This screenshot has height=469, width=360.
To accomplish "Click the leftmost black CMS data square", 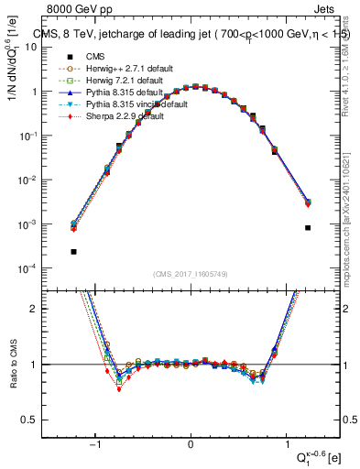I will click(73, 251).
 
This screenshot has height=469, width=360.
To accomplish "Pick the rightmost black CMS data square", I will click(308, 228).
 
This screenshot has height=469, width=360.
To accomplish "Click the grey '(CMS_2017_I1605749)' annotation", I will click(191, 276).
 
